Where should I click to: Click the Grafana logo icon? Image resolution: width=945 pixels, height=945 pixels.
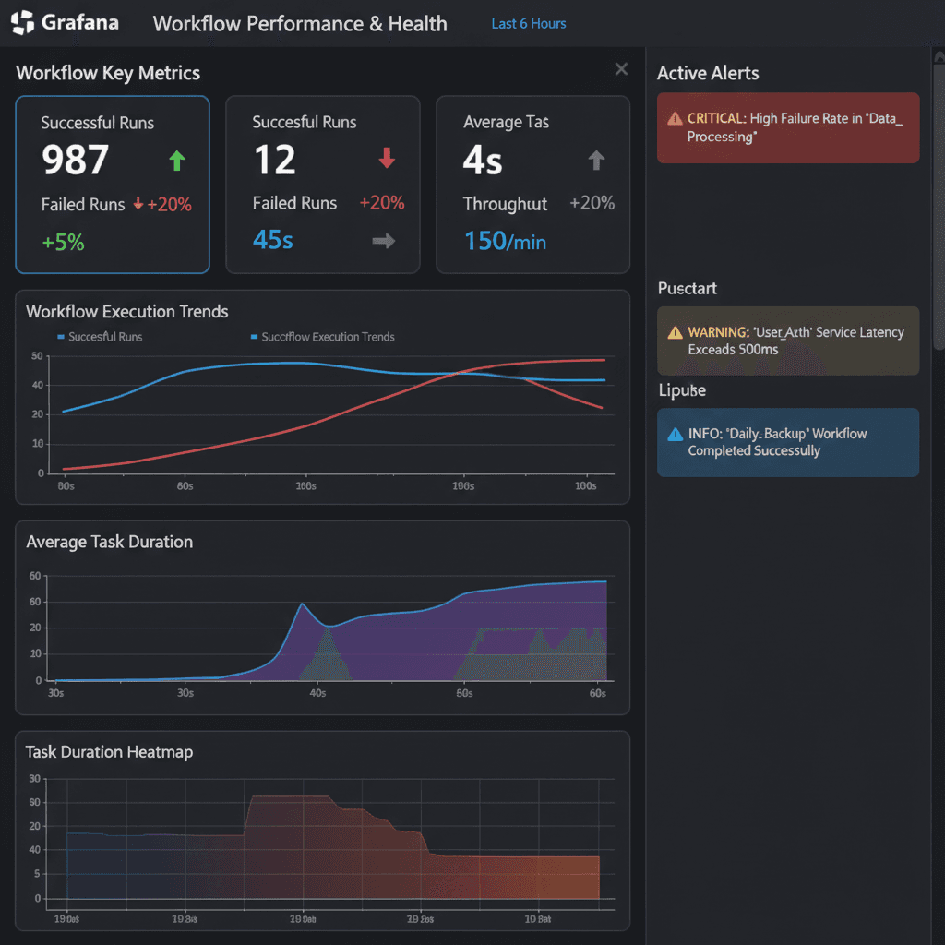pyautogui.click(x=23, y=23)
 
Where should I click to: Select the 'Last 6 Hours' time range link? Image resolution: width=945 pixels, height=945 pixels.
pyautogui.click(x=529, y=24)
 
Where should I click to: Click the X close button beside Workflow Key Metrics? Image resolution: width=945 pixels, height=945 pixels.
pyautogui.click(x=621, y=69)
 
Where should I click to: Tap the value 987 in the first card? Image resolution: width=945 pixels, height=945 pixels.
pyautogui.click(x=76, y=161)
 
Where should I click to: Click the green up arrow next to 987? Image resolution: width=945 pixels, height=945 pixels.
pyautogui.click(x=177, y=161)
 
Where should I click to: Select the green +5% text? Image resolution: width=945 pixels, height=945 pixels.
pyautogui.click(x=64, y=243)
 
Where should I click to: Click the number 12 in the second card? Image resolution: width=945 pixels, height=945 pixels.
pyautogui.click(x=275, y=161)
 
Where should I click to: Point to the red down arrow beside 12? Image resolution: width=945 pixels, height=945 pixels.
pyautogui.click(x=387, y=160)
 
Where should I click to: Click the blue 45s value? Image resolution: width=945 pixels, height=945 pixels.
pyautogui.click(x=273, y=240)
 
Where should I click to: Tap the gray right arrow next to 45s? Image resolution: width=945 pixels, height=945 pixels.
pyautogui.click(x=384, y=241)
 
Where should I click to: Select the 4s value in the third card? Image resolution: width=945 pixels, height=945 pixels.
pyautogui.click(x=483, y=161)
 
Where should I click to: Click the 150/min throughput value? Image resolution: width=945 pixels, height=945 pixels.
pyautogui.click(x=505, y=242)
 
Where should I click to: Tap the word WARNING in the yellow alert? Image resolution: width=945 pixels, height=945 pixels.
pyautogui.click(x=717, y=332)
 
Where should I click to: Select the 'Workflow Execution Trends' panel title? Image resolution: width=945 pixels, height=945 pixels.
pyautogui.click(x=127, y=312)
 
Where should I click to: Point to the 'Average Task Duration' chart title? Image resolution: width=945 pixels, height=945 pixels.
pyautogui.click(x=109, y=542)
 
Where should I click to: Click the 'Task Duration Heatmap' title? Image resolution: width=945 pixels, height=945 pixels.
pyautogui.click(x=109, y=752)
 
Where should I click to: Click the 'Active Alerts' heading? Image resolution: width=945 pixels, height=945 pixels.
pyautogui.click(x=708, y=74)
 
